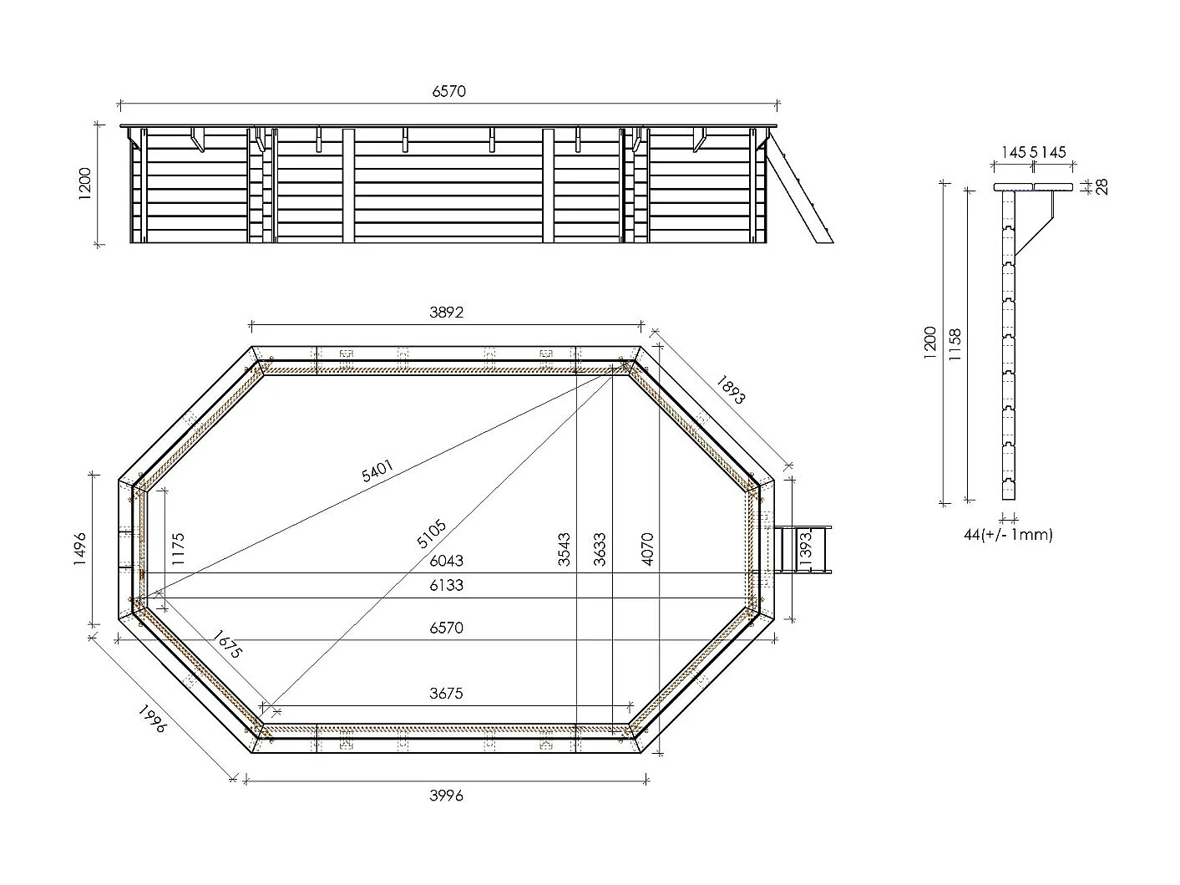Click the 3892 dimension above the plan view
click(x=446, y=313)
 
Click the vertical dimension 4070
click(x=648, y=550)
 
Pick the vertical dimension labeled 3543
click(x=565, y=551)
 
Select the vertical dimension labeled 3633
click(x=600, y=551)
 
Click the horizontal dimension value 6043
click(x=446, y=561)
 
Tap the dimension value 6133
click(x=446, y=586)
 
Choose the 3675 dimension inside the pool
click(x=446, y=694)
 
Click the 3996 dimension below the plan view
click(x=446, y=796)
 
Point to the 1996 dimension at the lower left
click(x=153, y=720)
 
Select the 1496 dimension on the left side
click(x=81, y=550)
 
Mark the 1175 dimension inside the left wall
click(x=178, y=550)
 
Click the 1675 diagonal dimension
click(x=225, y=644)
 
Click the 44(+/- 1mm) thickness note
click(x=1008, y=535)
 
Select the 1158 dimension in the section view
click(x=956, y=344)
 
